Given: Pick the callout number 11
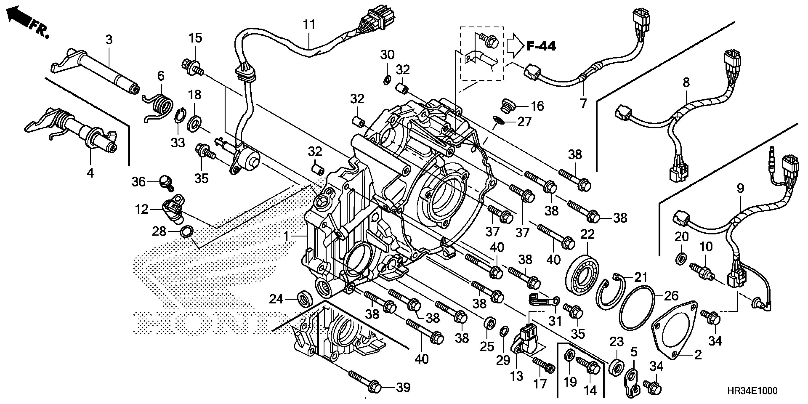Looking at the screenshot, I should pos(309,24).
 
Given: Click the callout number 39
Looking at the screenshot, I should pos(403,388).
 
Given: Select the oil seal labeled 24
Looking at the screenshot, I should pos(305,299).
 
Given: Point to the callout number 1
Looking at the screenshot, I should pos(286,236).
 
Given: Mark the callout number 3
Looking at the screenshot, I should pos(109,40).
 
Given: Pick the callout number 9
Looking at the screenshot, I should pos(740,188).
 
